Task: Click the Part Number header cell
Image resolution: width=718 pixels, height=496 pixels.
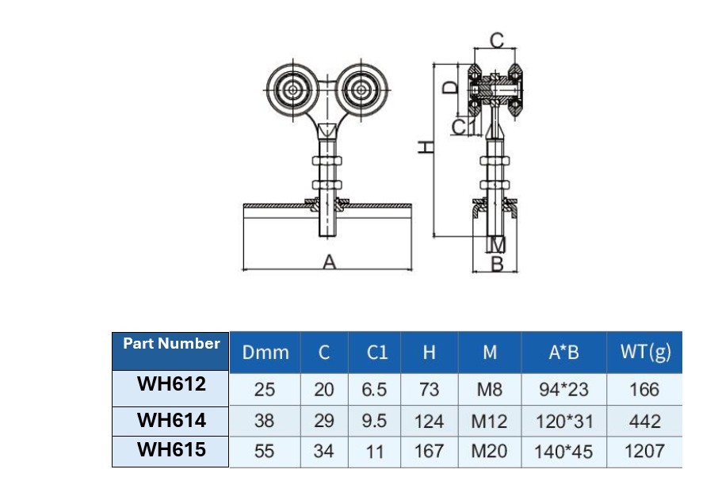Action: [170, 345]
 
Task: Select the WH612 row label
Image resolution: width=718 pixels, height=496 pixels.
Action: [170, 385]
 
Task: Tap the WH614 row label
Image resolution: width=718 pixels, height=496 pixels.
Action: [170, 419]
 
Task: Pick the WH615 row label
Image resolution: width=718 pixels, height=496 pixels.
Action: [170, 450]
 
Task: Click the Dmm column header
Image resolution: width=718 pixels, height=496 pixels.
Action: [265, 353]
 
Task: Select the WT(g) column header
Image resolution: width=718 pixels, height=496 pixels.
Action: [644, 352]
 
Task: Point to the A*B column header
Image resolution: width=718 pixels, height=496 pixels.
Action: [563, 353]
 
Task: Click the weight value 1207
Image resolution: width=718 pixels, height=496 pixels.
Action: [644, 452]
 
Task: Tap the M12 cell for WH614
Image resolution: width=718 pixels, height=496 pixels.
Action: [489, 422]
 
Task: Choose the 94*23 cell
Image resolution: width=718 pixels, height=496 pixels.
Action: [563, 390]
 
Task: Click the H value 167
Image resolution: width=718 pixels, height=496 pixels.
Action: [429, 452]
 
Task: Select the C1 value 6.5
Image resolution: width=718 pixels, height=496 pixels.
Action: [374, 390]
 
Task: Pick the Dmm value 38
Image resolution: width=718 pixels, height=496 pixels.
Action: [265, 422]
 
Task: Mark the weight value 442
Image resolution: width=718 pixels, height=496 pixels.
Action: [644, 422]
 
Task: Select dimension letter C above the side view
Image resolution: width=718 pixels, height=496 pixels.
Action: [496, 40]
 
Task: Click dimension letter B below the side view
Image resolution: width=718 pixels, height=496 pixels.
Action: [497, 265]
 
